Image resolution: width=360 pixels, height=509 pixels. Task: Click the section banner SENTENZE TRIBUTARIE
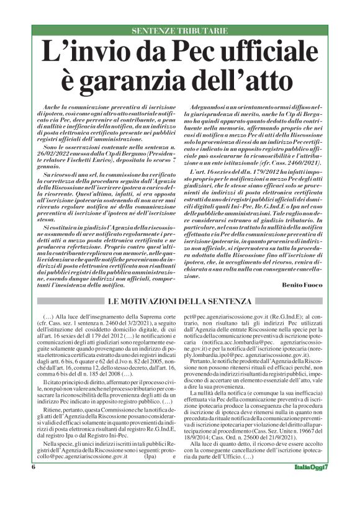(x=180, y=30)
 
